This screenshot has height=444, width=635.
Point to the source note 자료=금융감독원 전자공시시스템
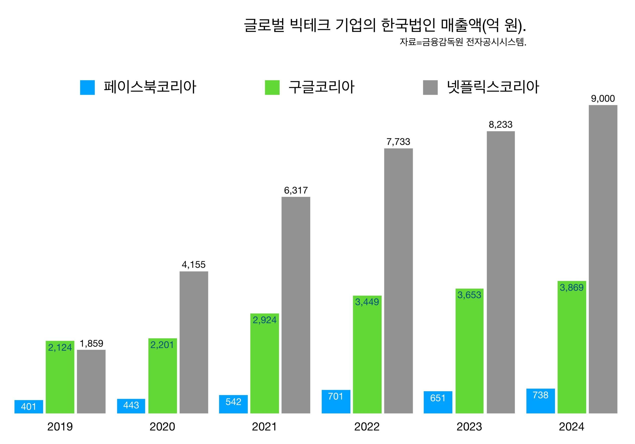tap(463, 42)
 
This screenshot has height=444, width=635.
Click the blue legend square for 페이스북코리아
tap(87, 87)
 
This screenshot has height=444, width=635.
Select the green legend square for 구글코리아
tap(272, 87)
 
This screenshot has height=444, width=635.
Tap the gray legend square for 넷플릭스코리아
tap(430, 87)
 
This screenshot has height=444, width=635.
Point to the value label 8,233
tap(501, 125)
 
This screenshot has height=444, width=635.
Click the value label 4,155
tap(193, 265)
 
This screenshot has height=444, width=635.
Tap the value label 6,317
tap(296, 190)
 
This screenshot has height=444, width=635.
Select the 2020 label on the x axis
tap(162, 427)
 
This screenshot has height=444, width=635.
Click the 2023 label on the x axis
tap(469, 427)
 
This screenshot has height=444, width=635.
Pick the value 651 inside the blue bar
tap(438, 398)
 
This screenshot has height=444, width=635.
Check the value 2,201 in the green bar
tap(162, 345)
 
